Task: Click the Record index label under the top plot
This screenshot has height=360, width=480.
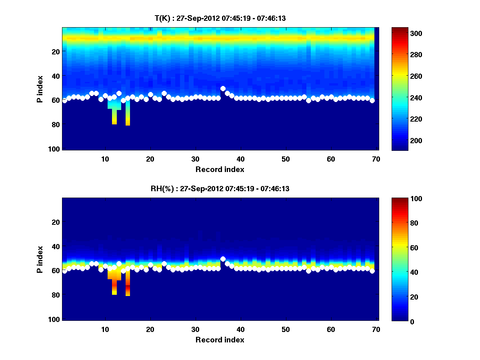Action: point(220,169)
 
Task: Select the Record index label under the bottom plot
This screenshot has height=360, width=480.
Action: point(220,340)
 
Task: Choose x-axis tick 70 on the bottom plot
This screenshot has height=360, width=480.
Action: point(376,329)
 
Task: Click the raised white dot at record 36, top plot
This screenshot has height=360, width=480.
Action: point(223,88)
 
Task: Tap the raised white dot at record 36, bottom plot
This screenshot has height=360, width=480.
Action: point(223,259)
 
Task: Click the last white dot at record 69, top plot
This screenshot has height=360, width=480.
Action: point(372,100)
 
